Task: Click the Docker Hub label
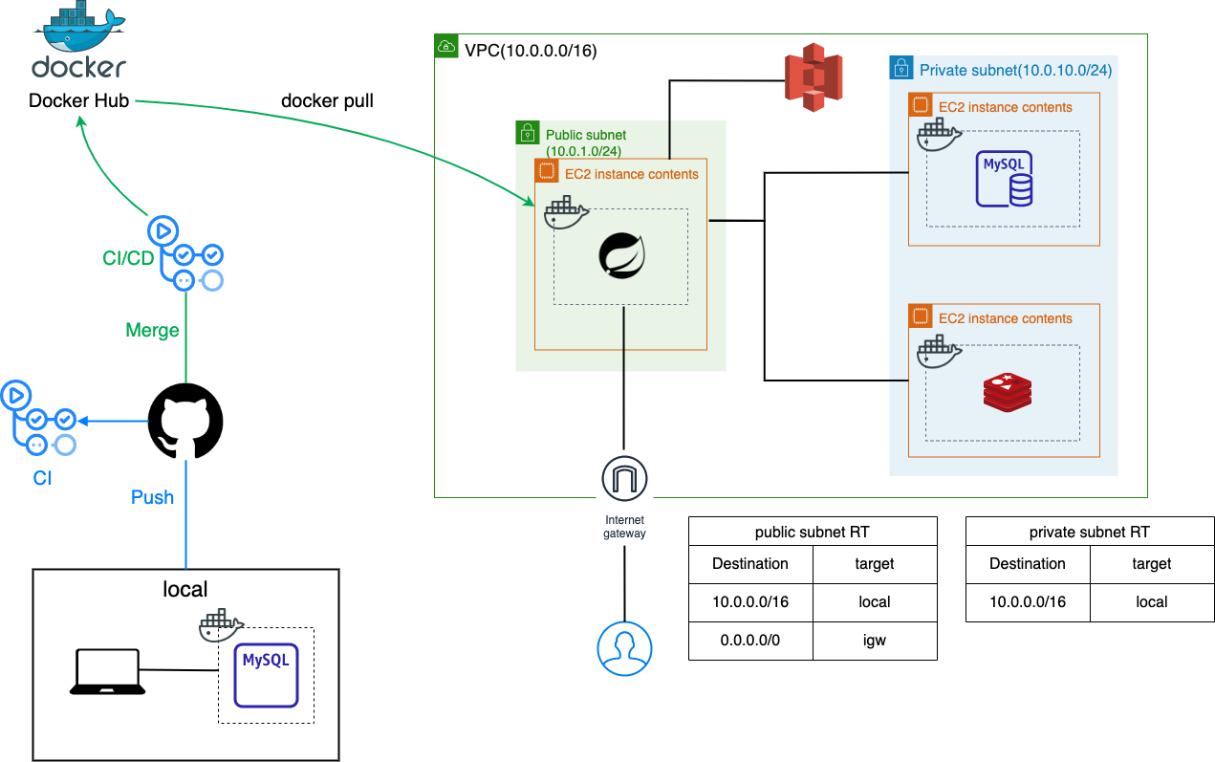[x=78, y=100]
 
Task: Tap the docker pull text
[x=328, y=100]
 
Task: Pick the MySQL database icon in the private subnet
[x=1004, y=179]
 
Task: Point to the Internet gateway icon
[x=624, y=478]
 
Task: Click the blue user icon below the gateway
[x=624, y=647]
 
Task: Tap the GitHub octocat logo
[x=185, y=422]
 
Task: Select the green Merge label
[x=153, y=330]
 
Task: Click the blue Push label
[x=153, y=497]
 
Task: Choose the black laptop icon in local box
[x=107, y=671]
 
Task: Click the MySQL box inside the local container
[x=266, y=674]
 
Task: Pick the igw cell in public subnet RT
[x=874, y=641]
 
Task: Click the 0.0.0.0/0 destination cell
[x=750, y=641]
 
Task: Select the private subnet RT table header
[x=1090, y=532]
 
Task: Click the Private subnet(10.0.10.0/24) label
[x=1015, y=70]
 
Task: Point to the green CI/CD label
[x=128, y=258]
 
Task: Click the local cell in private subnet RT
[x=1151, y=602]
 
